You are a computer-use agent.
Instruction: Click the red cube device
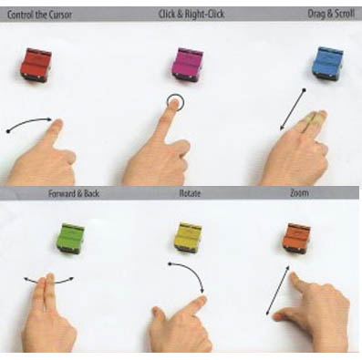[36, 65]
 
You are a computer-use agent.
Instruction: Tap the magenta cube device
[188, 65]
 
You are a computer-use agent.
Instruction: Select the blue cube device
[327, 63]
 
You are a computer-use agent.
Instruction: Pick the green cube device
[70, 239]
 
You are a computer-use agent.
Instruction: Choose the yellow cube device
[188, 237]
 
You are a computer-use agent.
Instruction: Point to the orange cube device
[296, 238]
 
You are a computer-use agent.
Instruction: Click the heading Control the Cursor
[39, 15]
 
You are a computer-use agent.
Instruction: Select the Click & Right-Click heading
[191, 15]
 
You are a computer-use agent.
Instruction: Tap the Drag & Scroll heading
[331, 14]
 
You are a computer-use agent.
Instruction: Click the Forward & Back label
[74, 193]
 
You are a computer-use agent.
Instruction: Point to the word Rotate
[190, 193]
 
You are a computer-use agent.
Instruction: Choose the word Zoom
[299, 193]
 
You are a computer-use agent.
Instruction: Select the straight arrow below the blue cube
[293, 109]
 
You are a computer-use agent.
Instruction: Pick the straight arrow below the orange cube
[278, 291]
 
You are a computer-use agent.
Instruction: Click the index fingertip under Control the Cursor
[57, 122]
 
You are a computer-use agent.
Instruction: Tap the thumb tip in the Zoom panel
[277, 317]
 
